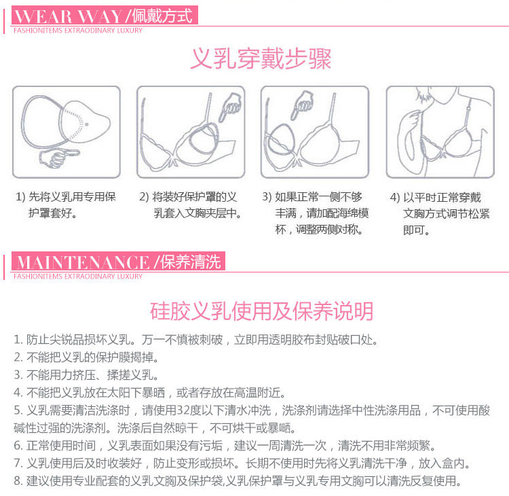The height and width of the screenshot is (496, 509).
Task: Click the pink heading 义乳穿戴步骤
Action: [261, 59]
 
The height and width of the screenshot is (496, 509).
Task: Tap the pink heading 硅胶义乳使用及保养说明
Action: [261, 311]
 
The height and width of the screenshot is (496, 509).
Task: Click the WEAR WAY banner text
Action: [64, 16]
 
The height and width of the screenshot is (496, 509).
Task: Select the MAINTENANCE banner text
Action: [81, 262]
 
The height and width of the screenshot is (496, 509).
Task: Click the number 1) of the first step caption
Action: [20, 197]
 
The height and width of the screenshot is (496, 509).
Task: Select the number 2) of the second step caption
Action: [144, 197]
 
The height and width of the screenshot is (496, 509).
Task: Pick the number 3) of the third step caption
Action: [267, 197]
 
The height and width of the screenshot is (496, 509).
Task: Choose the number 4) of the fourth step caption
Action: [394, 197]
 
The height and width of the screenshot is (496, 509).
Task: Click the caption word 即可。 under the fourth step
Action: [416, 230]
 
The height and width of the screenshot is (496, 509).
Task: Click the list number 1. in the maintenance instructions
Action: [18, 339]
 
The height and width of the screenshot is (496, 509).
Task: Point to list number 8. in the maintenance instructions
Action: [18, 482]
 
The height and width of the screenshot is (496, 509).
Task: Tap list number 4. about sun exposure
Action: [18, 393]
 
